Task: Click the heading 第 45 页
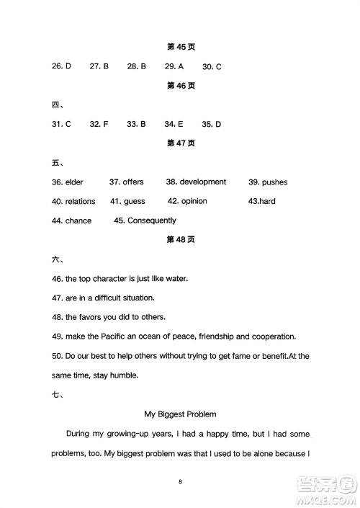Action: click(181, 48)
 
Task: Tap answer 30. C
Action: click(212, 66)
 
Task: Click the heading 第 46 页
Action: click(181, 86)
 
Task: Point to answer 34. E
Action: click(174, 124)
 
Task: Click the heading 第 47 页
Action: click(181, 143)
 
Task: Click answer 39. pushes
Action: click(268, 182)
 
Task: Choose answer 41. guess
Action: click(127, 202)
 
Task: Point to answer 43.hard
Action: click(262, 202)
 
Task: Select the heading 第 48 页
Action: click(181, 240)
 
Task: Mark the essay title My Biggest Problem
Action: click(181, 414)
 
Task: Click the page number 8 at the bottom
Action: click(181, 481)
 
